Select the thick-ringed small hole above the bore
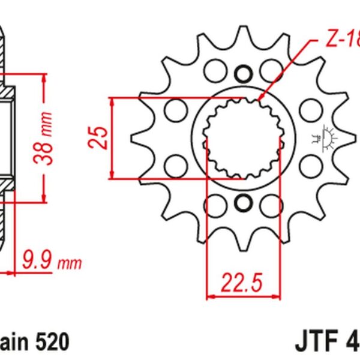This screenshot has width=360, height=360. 244,74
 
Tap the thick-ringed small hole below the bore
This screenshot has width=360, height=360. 244,203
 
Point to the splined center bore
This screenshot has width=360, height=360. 243,138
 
